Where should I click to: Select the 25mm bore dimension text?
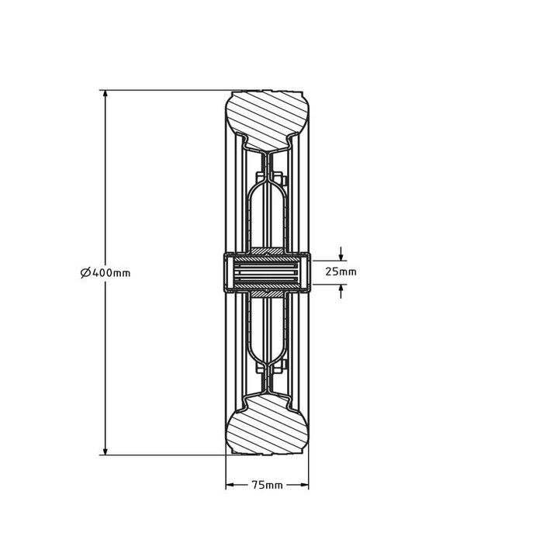341,272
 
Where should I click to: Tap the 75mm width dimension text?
268,486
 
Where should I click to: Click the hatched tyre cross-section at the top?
268,117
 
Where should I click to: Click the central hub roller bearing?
268,272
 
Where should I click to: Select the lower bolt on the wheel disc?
278,363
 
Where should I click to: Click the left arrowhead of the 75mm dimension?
230,486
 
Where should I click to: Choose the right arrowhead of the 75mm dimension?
306,486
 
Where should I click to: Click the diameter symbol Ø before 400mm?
84,272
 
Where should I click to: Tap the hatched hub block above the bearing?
268,251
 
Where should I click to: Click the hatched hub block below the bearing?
268,293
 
